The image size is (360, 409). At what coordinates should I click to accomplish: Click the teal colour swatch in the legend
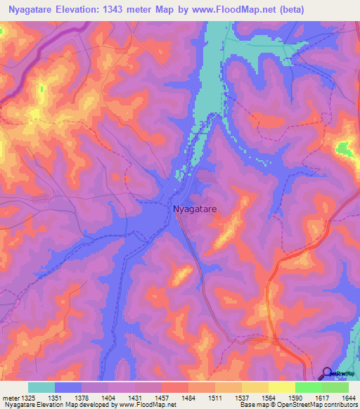coord(41,387)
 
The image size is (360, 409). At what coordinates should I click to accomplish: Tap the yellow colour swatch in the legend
coord(281,387)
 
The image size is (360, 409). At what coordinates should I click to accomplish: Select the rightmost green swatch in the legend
coord(335,387)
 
